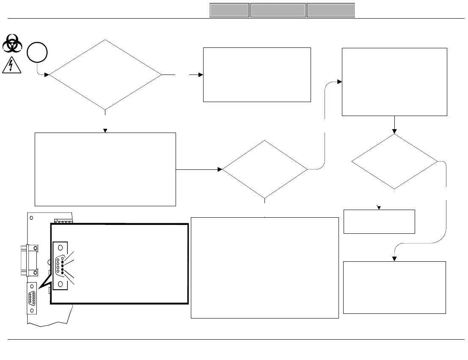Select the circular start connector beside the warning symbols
pos(37,53)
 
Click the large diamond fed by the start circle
pos(105,75)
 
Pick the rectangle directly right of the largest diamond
pos(257,75)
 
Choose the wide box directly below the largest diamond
pos(105,169)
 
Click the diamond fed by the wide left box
pos(265,169)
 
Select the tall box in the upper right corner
pos(394,82)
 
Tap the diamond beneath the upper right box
pos(394,161)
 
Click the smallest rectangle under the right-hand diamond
pos(379,222)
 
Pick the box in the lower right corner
pos(394,288)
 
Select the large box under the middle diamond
pos(265,268)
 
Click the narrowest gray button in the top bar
pos(229,10)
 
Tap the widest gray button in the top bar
pos(278,10)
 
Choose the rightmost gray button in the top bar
pos(330,10)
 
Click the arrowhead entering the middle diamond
pos(220,169)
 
